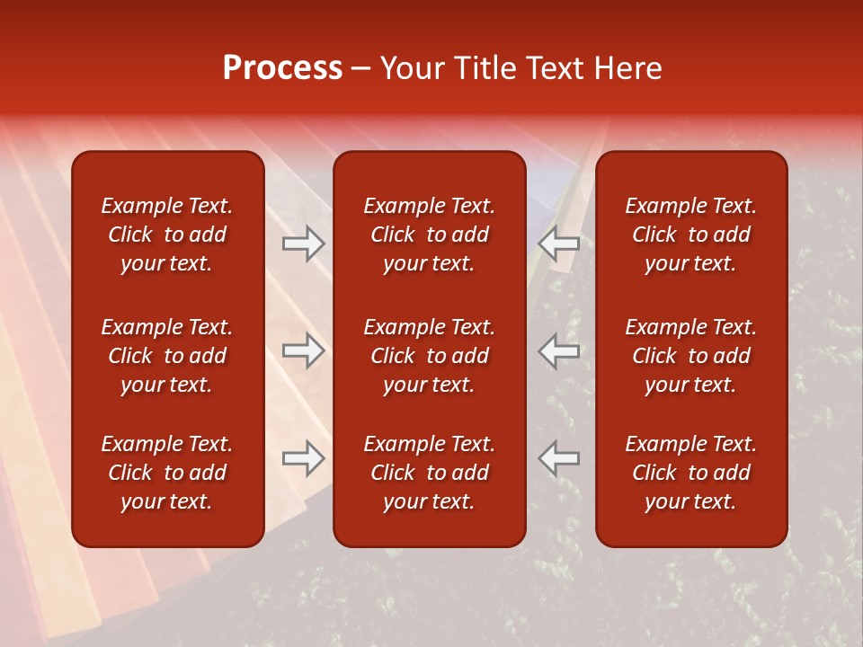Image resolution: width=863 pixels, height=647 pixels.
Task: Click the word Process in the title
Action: tap(282, 68)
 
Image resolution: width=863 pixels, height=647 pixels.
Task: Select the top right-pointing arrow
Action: tap(303, 244)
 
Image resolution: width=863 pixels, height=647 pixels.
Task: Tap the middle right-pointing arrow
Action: tap(303, 350)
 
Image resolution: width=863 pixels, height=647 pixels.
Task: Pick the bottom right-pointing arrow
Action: tap(303, 458)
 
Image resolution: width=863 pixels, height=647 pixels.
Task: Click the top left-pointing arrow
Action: tap(559, 244)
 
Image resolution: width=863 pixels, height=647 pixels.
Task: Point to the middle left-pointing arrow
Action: tap(559, 350)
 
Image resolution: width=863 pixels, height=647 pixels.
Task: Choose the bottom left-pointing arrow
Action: tap(559, 458)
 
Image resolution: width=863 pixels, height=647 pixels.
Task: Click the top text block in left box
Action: tap(167, 235)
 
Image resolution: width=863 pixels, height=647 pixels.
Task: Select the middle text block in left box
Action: tap(167, 356)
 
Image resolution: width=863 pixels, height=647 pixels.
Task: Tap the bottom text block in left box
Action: tap(167, 473)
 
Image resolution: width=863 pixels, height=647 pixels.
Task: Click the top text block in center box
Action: tap(429, 235)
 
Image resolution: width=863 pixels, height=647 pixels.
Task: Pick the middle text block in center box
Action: tap(429, 356)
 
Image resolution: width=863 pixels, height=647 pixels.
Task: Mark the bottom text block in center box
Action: tap(429, 473)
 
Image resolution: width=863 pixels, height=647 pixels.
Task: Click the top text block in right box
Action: tap(690, 235)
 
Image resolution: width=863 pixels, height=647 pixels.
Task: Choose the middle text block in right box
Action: tap(690, 356)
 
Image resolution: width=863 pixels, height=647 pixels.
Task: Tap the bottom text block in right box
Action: tap(690, 473)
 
